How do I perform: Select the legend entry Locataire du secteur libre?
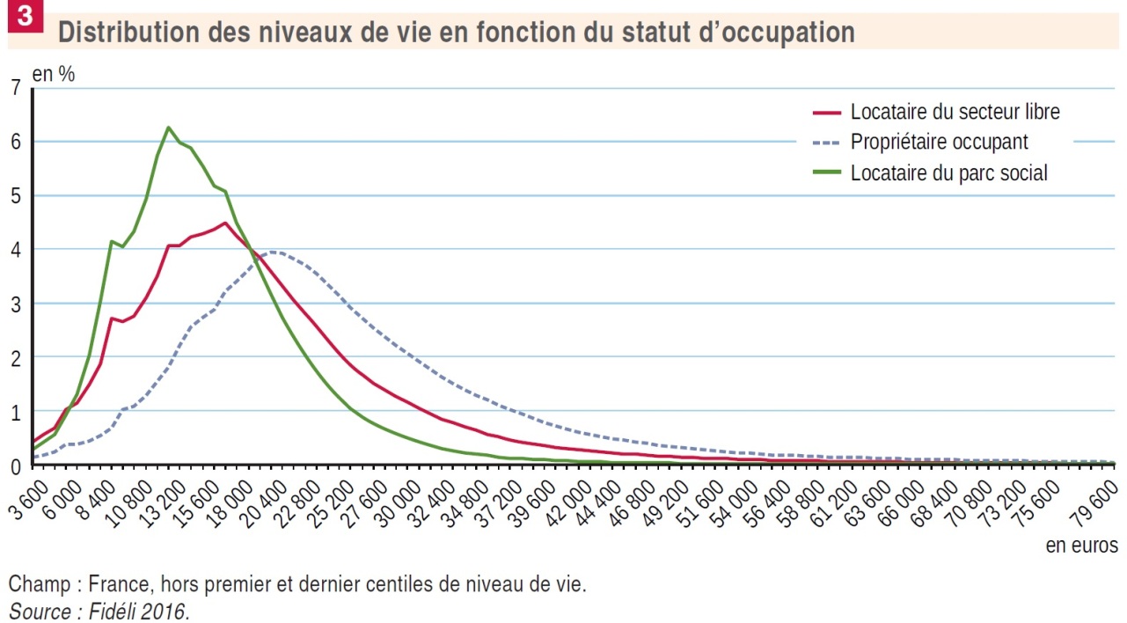(x=955, y=113)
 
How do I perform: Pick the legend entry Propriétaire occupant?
(x=939, y=142)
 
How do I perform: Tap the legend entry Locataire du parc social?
(x=948, y=173)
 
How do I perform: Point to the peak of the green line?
(x=168, y=128)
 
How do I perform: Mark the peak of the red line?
(x=225, y=223)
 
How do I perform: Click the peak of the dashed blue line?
(x=274, y=252)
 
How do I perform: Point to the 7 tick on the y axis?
(x=14, y=88)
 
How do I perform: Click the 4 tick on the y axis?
(x=14, y=250)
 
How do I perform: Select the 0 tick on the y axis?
(x=14, y=465)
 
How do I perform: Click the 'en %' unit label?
(x=54, y=74)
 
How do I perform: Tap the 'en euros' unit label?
(x=1081, y=546)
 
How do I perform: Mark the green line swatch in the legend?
(x=826, y=173)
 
